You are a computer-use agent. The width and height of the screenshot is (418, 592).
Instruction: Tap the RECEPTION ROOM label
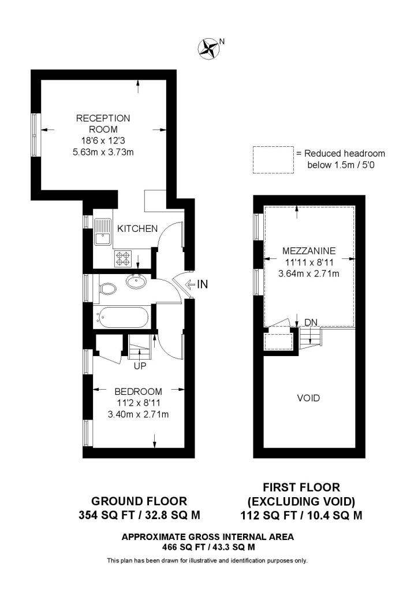click(x=103, y=124)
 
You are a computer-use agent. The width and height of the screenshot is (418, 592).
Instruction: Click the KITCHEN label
click(x=137, y=229)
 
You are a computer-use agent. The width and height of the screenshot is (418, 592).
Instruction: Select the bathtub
click(x=123, y=317)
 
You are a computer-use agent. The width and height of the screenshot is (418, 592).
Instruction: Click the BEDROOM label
click(x=138, y=391)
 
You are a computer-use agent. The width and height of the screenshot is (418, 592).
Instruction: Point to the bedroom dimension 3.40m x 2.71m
click(x=138, y=415)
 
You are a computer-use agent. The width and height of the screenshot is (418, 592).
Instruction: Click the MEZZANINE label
click(x=309, y=251)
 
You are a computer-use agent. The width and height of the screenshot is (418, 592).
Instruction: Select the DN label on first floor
click(x=311, y=323)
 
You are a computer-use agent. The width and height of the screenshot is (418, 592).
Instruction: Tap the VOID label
click(x=308, y=398)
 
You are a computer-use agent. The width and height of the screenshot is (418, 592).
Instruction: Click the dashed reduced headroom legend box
click(x=273, y=159)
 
